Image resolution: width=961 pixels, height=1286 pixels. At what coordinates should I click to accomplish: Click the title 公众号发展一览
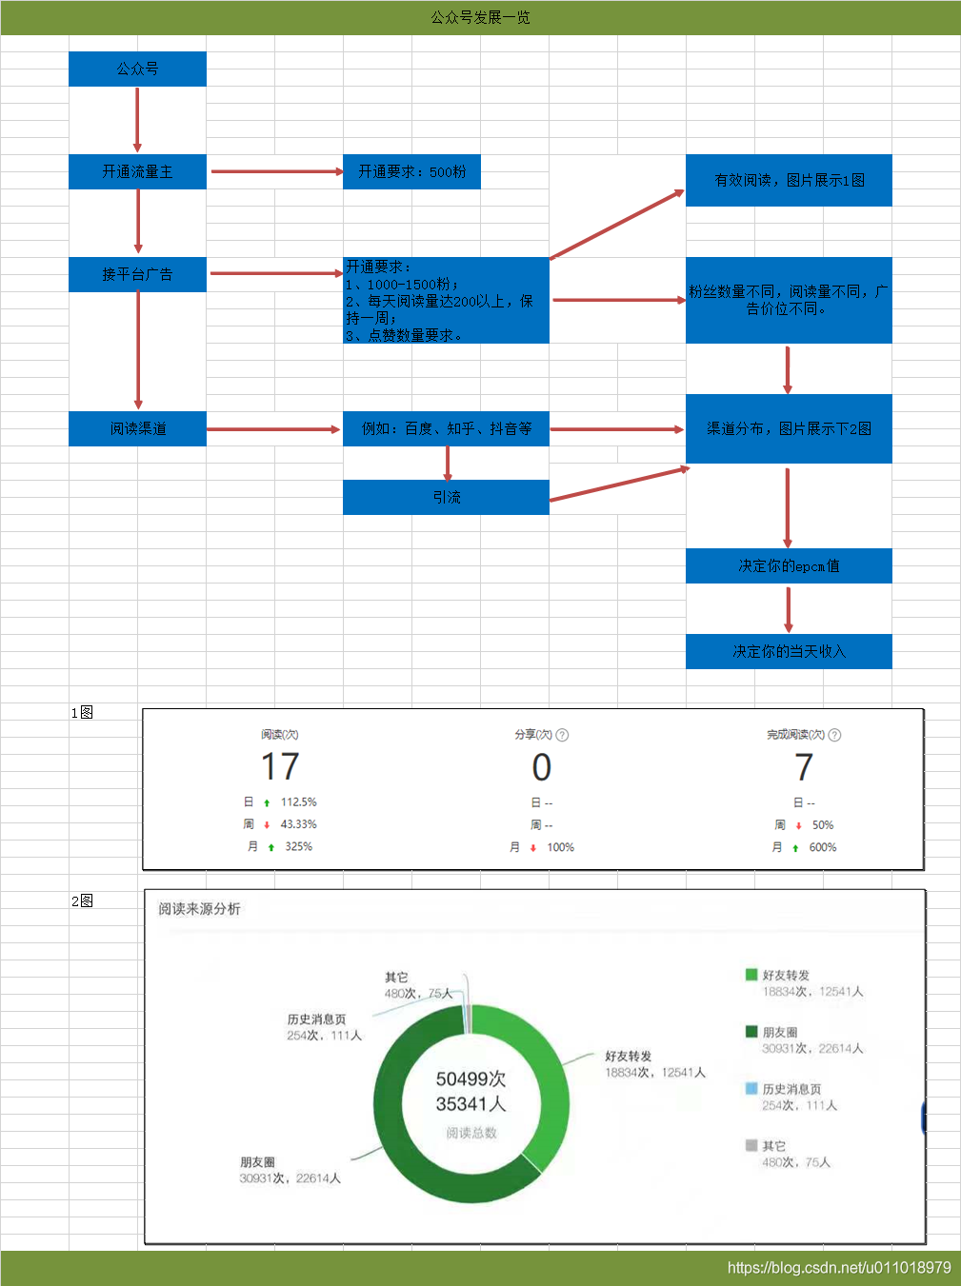click(480, 17)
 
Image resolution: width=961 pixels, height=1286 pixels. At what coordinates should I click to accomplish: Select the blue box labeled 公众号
click(137, 69)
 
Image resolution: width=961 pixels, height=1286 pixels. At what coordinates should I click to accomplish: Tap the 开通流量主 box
click(137, 171)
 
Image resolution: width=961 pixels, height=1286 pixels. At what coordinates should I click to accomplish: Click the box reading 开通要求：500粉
click(411, 171)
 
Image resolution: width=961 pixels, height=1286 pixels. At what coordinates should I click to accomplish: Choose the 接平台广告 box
click(137, 274)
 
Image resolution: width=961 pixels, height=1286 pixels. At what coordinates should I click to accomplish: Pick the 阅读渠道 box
click(137, 429)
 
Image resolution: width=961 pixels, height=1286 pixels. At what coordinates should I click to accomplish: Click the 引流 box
click(446, 498)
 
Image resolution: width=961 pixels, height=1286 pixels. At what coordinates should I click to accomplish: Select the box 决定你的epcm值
click(789, 566)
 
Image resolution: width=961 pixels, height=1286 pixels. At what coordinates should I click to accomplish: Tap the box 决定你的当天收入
click(789, 651)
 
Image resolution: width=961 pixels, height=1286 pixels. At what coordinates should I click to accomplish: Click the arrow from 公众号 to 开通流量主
click(137, 120)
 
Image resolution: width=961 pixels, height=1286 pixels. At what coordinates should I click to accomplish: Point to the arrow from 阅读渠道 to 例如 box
click(273, 429)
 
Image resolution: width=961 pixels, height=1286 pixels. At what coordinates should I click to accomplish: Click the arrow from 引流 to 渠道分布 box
click(620, 484)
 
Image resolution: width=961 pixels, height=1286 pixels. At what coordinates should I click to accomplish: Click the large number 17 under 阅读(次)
click(280, 767)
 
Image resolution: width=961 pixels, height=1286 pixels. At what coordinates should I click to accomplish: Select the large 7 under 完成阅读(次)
click(803, 767)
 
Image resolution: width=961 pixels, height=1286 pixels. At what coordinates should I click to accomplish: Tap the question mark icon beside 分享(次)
click(562, 735)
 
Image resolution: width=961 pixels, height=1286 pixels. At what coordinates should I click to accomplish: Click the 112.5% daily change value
click(298, 801)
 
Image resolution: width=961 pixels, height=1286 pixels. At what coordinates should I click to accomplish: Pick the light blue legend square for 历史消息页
click(751, 1088)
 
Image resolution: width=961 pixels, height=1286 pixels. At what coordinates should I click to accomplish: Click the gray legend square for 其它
click(751, 1145)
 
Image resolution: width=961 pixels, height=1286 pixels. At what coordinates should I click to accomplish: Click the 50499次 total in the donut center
click(470, 1078)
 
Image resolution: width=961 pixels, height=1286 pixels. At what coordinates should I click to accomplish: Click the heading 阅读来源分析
click(199, 909)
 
